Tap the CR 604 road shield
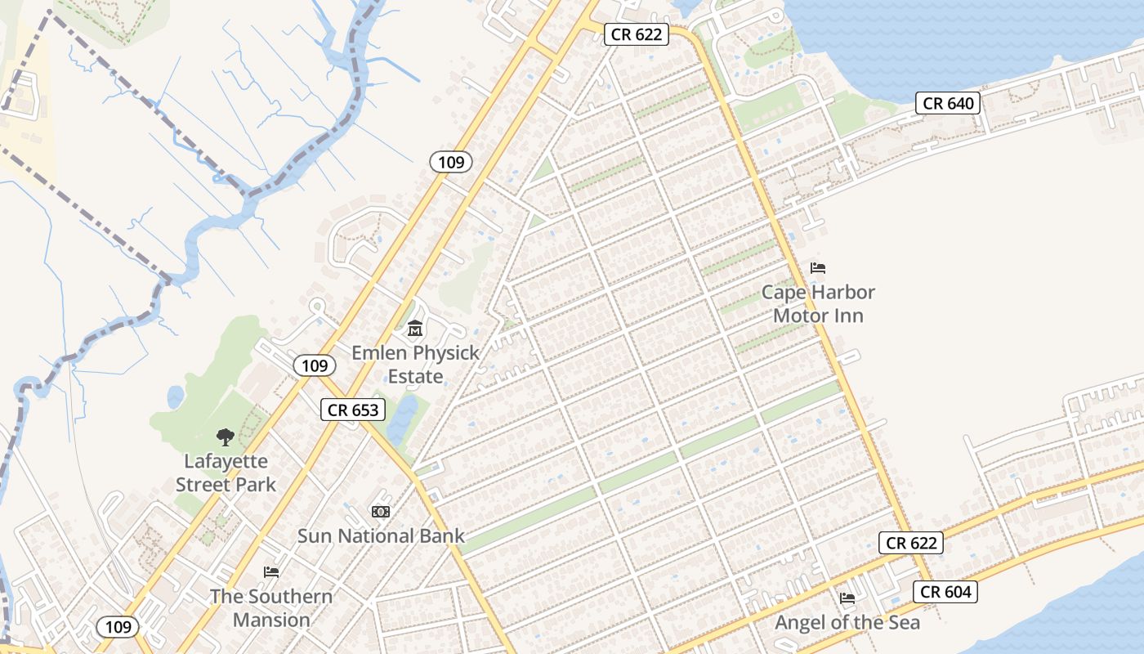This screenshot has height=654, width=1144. point(945,592)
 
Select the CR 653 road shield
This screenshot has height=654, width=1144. point(352,410)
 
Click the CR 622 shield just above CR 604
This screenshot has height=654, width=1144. point(911,542)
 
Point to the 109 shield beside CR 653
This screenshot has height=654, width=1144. point(314,365)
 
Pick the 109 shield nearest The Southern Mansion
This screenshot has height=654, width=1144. point(118,627)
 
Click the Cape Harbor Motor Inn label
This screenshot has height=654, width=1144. point(818,303)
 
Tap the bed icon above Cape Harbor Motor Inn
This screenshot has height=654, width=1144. point(818,267)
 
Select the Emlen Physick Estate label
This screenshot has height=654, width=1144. point(415,365)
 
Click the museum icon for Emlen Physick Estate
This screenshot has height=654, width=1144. point(415,329)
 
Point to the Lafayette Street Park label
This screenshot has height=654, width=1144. point(226,473)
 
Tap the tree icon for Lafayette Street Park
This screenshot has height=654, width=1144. point(225,437)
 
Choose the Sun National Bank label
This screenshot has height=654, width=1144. point(381,536)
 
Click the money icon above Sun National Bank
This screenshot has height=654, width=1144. point(381,512)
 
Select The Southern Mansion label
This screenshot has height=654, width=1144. point(271,607)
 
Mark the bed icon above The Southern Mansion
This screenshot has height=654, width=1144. point(271,571)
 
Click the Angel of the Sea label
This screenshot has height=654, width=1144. point(847,622)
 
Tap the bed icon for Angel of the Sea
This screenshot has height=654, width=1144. point(847,598)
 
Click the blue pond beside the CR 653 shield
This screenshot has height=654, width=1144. point(403,419)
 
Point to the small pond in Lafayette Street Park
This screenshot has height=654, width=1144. point(176,397)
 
